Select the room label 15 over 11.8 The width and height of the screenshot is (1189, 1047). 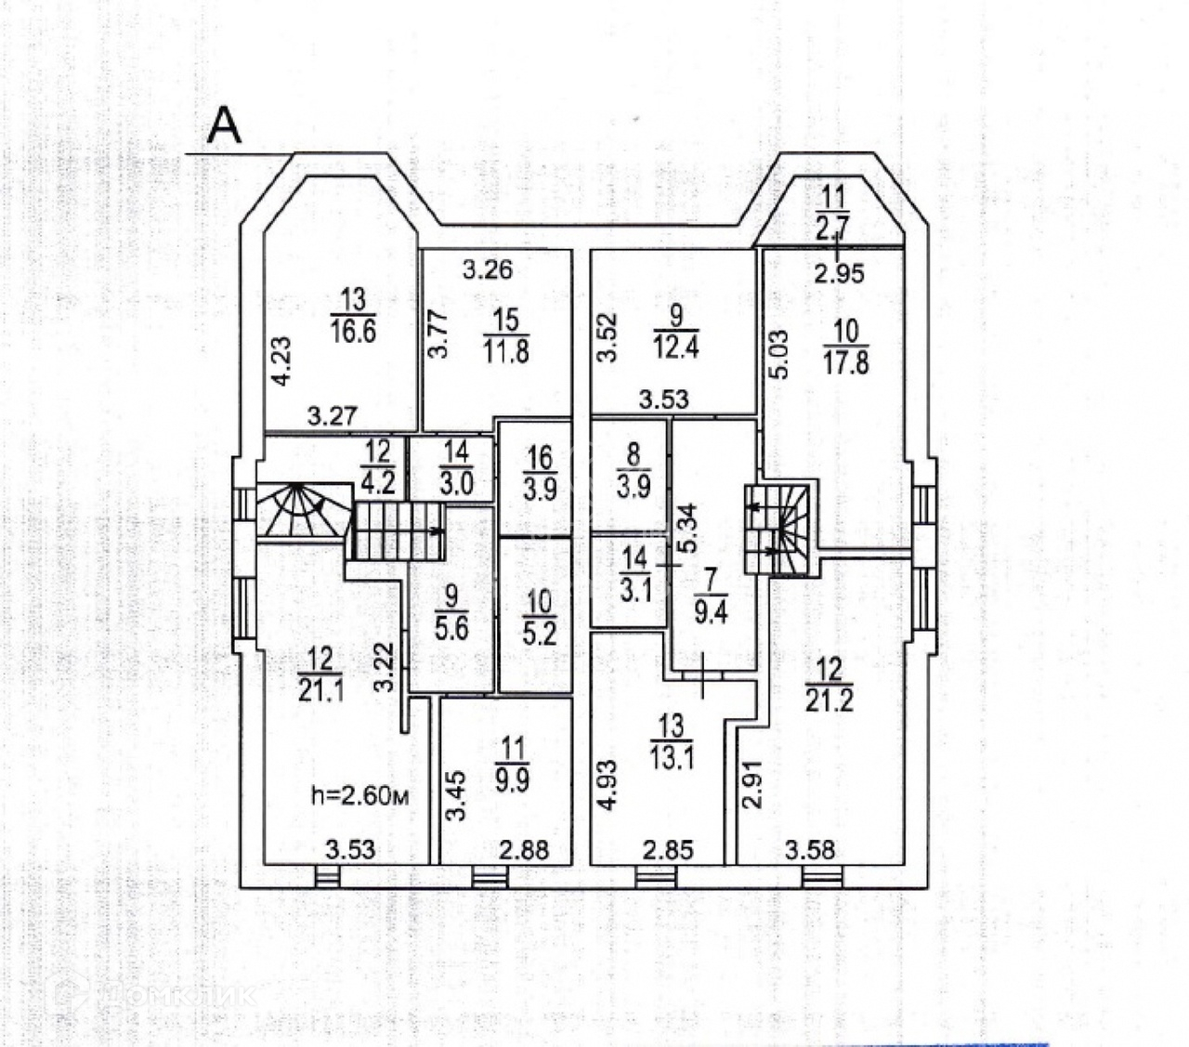tap(505, 335)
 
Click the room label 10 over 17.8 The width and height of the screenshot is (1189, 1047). tap(846, 346)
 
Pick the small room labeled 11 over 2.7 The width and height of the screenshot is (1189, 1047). tap(832, 213)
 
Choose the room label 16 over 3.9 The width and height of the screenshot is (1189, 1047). tap(540, 473)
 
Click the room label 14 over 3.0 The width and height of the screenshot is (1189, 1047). tap(456, 469)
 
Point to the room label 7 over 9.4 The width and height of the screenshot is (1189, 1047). tap(711, 597)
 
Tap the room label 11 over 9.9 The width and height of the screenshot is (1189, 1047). tap(512, 762)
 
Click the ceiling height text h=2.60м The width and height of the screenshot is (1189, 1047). tap(359, 795)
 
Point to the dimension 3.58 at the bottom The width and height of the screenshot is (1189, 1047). tap(809, 849)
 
